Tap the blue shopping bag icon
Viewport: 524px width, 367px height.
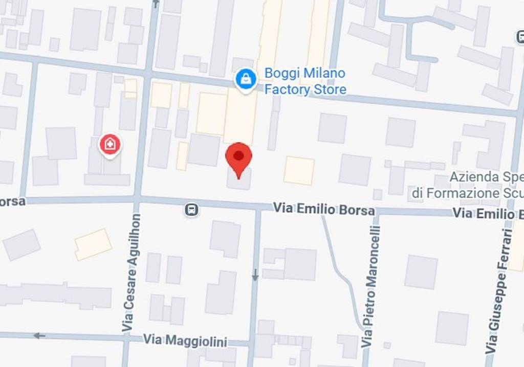coord(246,79)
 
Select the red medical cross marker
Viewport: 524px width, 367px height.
coord(110,145)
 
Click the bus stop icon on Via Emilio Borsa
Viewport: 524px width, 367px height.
coord(191,209)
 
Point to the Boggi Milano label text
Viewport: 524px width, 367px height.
coord(304,73)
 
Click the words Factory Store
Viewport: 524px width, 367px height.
coord(305,90)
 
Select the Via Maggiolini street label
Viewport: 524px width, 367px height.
coord(185,340)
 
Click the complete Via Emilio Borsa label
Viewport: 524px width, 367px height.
coord(323,209)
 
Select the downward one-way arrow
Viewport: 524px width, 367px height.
coord(255,276)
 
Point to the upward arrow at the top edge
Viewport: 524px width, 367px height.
coord(156,4)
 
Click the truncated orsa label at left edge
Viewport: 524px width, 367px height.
coord(12,201)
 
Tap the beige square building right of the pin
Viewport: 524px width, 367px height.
coord(299,171)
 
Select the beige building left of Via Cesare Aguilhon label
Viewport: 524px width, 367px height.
coord(93,244)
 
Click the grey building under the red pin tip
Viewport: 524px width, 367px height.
coord(239,180)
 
